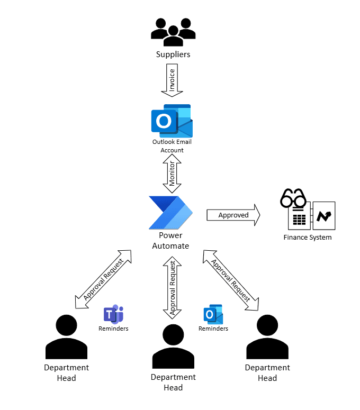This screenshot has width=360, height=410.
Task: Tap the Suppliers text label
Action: pos(173,54)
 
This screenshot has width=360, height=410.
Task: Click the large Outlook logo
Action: pos(172,121)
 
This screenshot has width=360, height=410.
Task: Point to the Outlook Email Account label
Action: pos(172,146)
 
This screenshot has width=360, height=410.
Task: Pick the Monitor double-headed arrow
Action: pos(172,174)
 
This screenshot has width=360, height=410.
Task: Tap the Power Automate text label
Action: pos(170,241)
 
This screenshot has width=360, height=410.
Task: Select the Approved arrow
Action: pos(233,215)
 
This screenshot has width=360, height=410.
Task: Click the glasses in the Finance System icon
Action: pos(294,199)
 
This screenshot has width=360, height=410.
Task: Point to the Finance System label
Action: pos(308,237)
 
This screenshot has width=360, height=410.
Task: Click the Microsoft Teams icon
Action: pos(113,314)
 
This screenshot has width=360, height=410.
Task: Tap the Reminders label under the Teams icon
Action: pos(113,329)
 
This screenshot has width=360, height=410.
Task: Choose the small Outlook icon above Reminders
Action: pos(213,314)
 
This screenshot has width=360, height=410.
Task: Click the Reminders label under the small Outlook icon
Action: pos(213,329)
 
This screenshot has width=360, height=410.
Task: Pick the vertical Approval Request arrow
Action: pos(172,287)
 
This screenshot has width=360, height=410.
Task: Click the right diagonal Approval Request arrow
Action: pos(231,280)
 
